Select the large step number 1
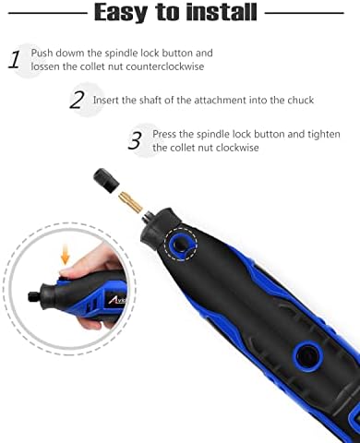tap(15, 61)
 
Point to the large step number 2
tap(77, 100)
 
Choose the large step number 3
tap(135, 140)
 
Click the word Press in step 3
tap(167, 133)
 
